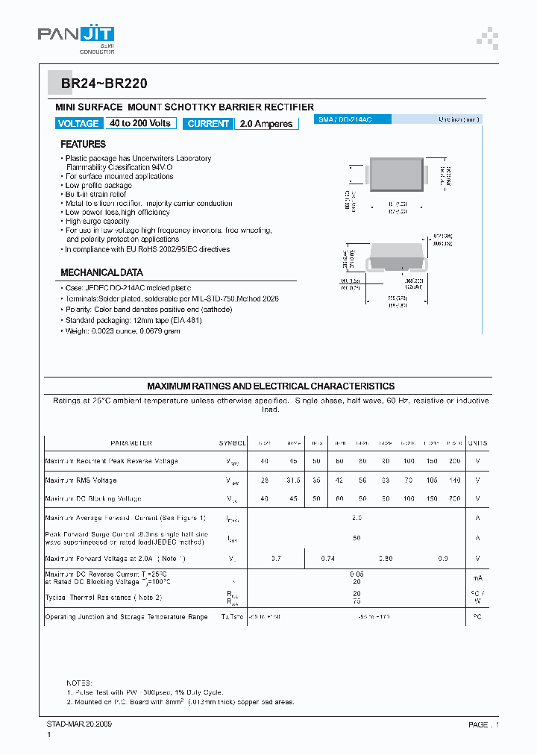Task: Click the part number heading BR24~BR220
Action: [x=109, y=85]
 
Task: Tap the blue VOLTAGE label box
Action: [x=78, y=124]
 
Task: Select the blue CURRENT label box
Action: [x=209, y=124]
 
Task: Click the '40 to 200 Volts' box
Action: [x=140, y=124]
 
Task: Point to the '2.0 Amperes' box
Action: [x=266, y=124]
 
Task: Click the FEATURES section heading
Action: [x=83, y=144]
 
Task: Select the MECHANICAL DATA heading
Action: [x=101, y=272]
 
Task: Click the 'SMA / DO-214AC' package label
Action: [x=345, y=119]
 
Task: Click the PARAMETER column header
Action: [x=131, y=442]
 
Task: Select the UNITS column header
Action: [x=477, y=442]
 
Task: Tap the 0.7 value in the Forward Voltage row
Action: [x=276, y=558]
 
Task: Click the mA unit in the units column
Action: [x=477, y=577]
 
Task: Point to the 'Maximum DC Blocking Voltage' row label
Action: [x=93, y=498]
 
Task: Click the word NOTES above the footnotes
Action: [x=79, y=683]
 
